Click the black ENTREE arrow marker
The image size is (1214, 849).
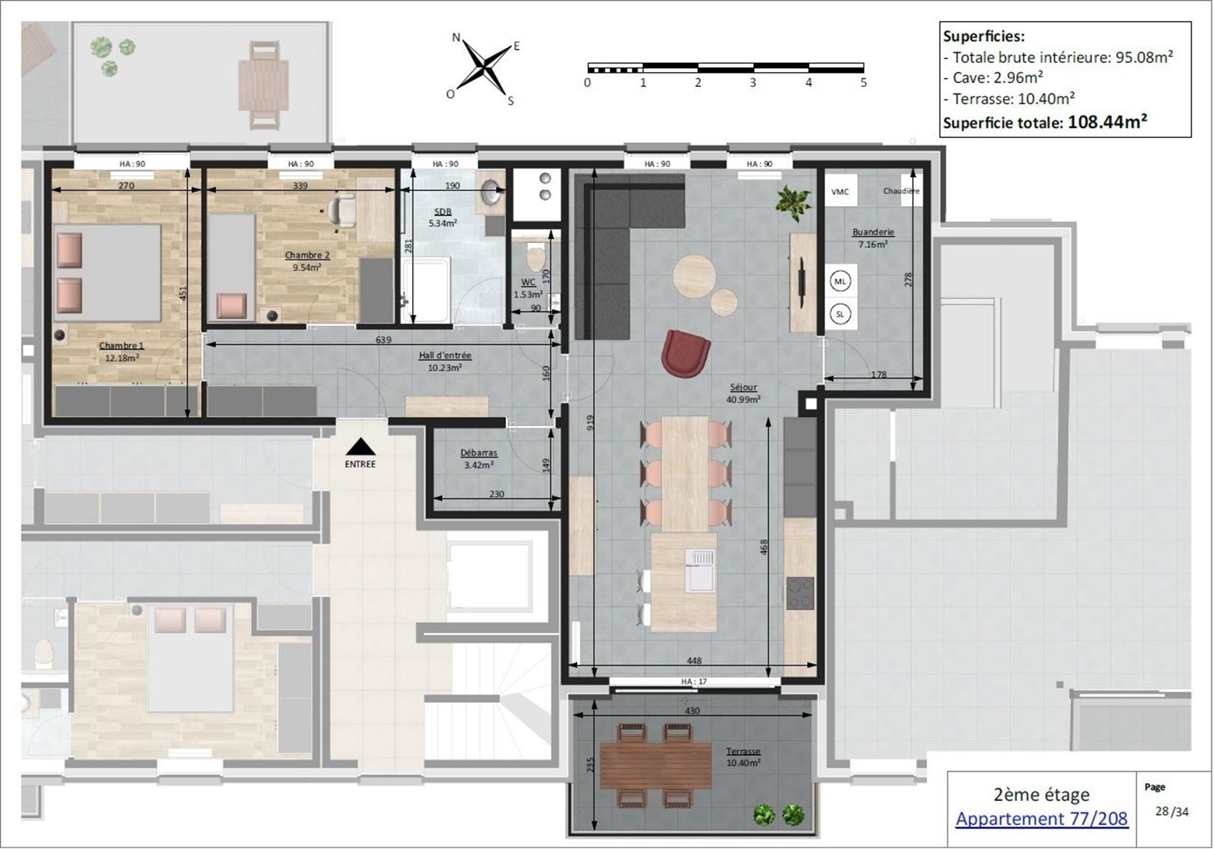point(360,447)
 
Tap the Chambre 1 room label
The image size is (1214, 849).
point(121,345)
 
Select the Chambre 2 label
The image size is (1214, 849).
point(306,256)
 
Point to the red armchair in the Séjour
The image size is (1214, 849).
point(685,353)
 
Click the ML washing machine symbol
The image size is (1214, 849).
point(840,281)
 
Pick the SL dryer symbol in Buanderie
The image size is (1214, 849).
point(840,314)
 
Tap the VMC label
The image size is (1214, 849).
point(839,192)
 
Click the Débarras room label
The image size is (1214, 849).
point(479,453)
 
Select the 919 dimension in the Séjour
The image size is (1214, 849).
point(591,423)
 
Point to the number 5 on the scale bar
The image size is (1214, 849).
point(863,83)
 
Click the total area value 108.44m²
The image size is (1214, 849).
point(1108,122)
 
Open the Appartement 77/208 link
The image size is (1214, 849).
point(1042,818)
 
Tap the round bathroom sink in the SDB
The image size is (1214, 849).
point(492,190)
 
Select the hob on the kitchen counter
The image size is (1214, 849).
point(800,593)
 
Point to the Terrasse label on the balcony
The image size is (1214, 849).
point(743,752)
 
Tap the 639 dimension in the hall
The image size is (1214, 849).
point(383,339)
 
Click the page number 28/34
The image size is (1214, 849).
point(1172,812)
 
